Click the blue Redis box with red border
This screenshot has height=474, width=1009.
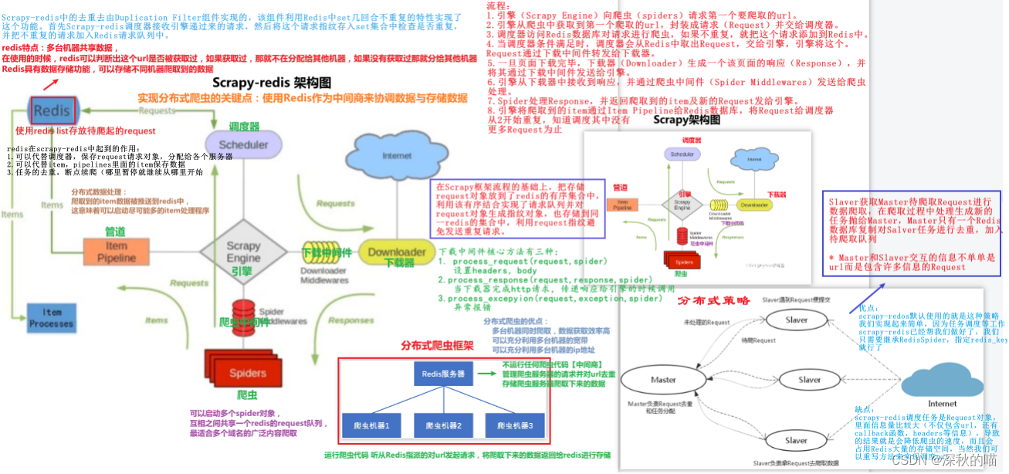click(52, 110)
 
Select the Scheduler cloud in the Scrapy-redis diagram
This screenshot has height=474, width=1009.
click(243, 145)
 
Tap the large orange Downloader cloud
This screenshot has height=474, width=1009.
click(397, 252)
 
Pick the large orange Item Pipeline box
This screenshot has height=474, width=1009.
click(116, 252)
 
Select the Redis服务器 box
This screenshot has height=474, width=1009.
click(442, 374)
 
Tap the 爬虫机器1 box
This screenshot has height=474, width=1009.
click(371, 425)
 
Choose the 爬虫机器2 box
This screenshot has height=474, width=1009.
click(443, 425)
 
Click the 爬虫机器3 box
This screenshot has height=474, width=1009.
click(514, 425)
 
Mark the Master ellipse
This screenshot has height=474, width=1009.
click(663, 380)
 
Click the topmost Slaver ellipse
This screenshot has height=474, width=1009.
click(796, 320)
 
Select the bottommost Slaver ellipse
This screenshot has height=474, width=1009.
click(796, 440)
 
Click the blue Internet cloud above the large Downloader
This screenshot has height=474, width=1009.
click(396, 157)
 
